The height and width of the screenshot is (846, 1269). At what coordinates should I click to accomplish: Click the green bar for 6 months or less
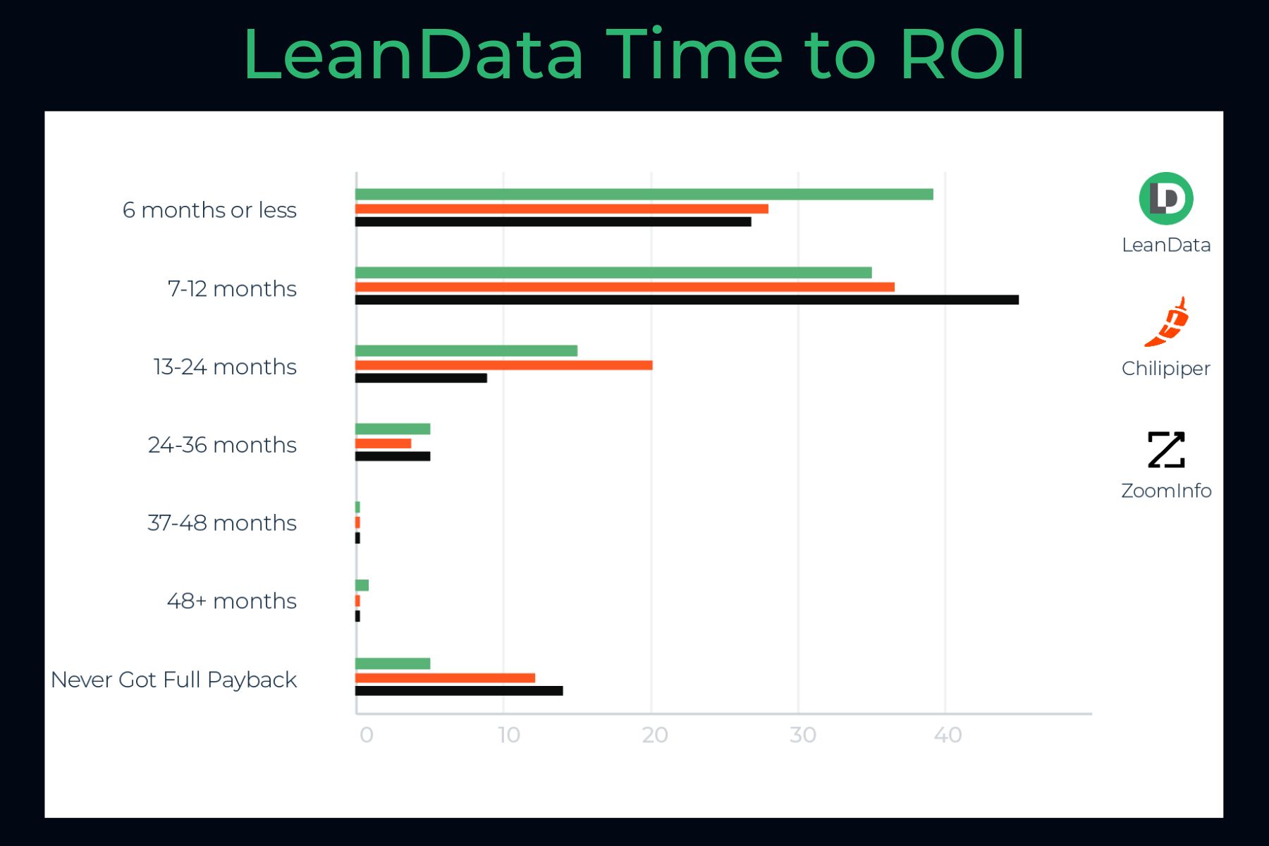pos(644,195)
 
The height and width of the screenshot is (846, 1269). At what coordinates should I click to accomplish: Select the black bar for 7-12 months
pos(687,300)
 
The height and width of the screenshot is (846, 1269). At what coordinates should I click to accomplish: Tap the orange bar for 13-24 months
pos(503,365)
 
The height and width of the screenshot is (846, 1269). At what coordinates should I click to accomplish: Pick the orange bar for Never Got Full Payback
pos(445,678)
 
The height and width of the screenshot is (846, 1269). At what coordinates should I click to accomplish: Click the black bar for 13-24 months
pos(421,379)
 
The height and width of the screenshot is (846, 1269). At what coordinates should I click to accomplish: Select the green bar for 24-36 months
pos(393,429)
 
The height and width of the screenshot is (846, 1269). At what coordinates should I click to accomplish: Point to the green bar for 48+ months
pos(362,585)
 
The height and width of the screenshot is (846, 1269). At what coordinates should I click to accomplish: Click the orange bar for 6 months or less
pos(561,209)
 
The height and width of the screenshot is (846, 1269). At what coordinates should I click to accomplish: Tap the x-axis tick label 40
pos(948,735)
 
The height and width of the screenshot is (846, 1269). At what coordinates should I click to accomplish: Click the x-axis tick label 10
pos(509,735)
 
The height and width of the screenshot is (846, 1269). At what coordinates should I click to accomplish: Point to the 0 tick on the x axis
pos(366,735)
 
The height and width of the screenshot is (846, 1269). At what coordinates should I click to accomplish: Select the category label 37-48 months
pos(222,523)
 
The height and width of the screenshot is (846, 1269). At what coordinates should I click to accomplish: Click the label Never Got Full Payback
pos(174,680)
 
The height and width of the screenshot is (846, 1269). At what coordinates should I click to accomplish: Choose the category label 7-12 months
pos(232,289)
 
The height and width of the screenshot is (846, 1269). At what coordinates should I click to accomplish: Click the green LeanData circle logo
pos(1166,199)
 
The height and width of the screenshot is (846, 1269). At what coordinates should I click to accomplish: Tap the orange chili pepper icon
pos(1167,323)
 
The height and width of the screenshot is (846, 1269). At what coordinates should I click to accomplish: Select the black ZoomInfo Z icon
pos(1166,450)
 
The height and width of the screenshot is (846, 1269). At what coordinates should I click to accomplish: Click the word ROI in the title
pos(962,55)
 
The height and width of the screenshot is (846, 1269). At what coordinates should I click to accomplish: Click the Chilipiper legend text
pos(1165,369)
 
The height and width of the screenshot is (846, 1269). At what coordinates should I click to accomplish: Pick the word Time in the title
pos(694,55)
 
